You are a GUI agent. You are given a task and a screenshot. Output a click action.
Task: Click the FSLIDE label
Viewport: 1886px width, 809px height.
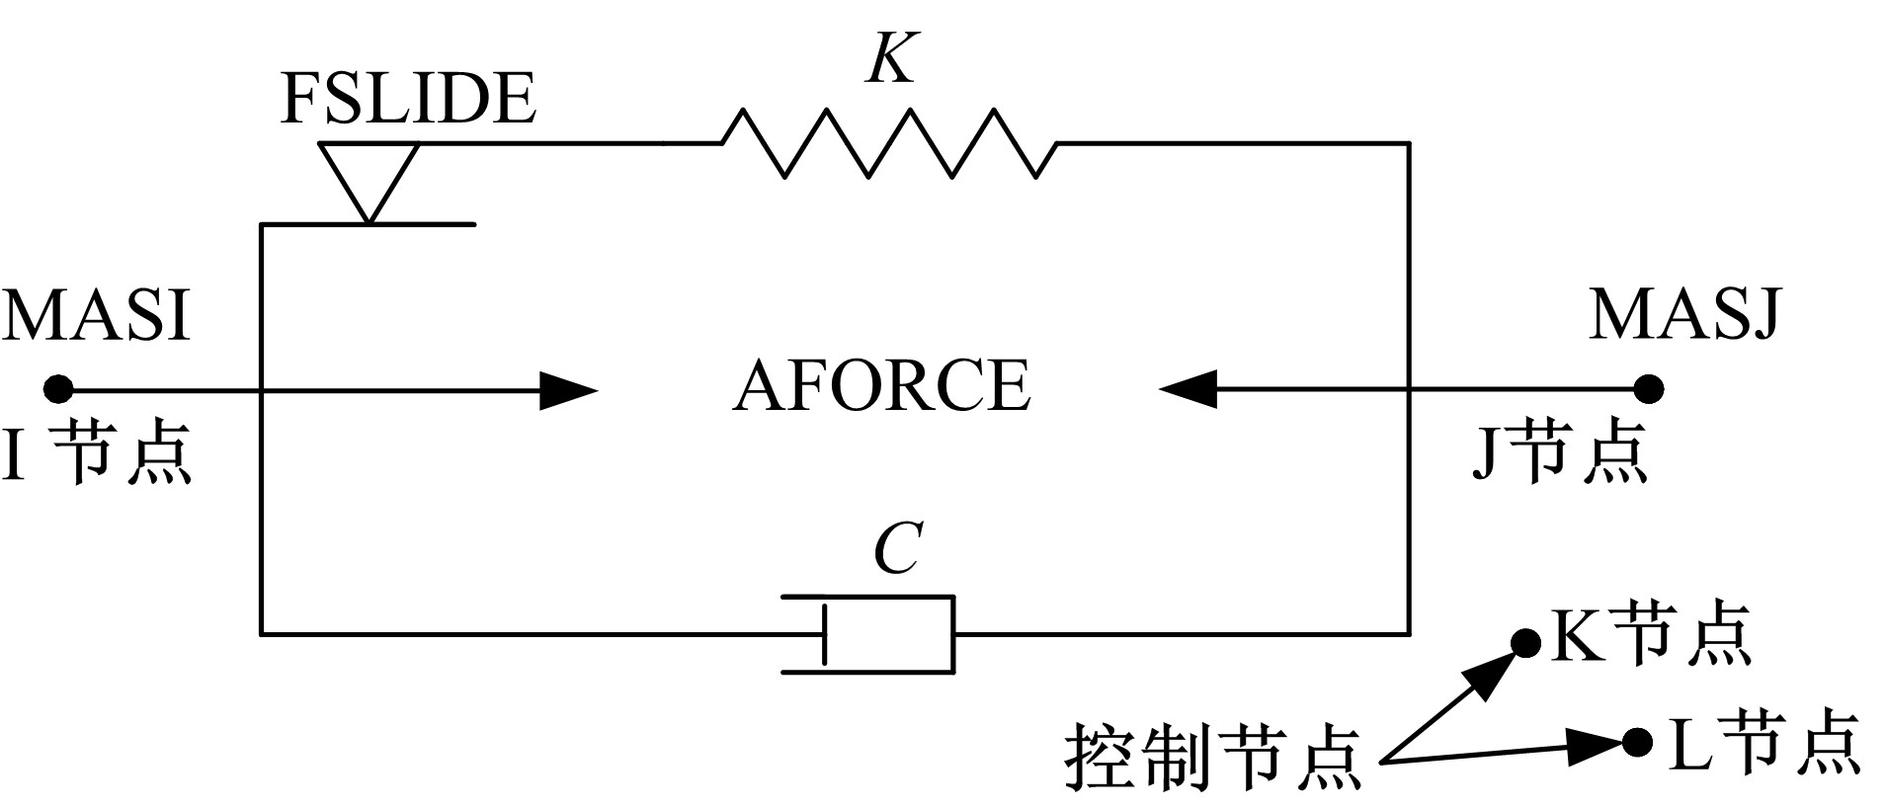(408, 99)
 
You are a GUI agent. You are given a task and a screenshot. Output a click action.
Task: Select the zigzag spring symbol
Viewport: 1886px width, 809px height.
(889, 144)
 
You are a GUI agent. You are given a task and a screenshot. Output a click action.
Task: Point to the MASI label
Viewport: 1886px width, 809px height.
(96, 316)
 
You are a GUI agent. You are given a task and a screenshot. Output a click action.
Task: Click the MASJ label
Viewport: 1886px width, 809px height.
(1684, 316)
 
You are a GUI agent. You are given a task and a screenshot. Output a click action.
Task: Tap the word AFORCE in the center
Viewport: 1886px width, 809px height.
(881, 385)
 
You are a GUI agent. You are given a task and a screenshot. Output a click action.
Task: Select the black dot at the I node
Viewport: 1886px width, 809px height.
(58, 389)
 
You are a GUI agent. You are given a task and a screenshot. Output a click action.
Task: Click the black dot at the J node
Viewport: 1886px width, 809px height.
(1647, 388)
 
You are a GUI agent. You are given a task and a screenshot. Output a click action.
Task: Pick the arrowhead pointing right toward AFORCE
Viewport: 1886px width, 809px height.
(568, 390)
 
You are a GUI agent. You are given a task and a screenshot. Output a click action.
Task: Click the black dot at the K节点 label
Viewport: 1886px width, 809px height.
(1526, 643)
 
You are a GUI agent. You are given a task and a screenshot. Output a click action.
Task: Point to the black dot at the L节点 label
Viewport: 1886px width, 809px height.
(1637, 741)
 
